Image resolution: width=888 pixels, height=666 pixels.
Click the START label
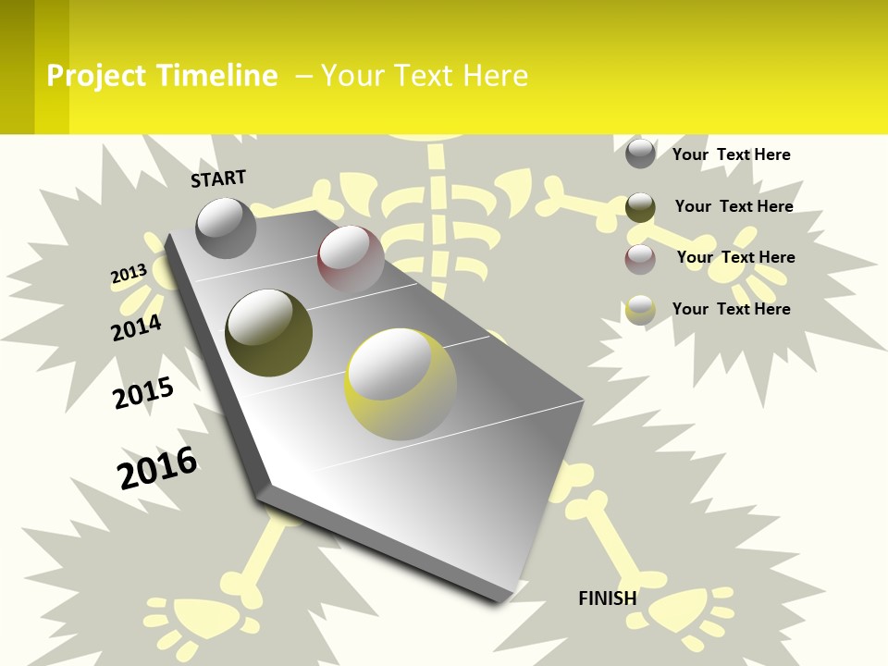tap(218, 178)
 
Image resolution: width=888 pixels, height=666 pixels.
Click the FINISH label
tap(607, 598)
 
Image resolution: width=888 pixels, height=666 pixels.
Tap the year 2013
tap(129, 274)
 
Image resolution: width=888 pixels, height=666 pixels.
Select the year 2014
tap(136, 327)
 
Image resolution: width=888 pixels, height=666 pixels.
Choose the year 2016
tap(157, 467)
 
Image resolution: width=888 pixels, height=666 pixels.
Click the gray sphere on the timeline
tap(226, 228)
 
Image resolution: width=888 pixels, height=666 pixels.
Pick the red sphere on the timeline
tap(351, 259)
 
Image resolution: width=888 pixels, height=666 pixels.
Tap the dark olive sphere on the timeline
tap(268, 332)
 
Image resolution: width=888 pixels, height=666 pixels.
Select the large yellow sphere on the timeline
tap(401, 384)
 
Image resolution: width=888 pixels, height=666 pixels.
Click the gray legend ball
tap(640, 153)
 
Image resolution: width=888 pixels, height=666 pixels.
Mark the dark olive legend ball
tap(640, 206)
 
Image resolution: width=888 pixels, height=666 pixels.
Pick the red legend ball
tap(640, 259)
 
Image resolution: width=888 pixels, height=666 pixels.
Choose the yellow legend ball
tap(640, 309)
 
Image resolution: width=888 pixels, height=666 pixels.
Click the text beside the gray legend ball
tap(731, 154)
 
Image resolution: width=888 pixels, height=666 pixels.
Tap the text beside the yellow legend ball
tap(731, 309)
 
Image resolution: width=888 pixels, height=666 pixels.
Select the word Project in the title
tap(96, 76)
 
